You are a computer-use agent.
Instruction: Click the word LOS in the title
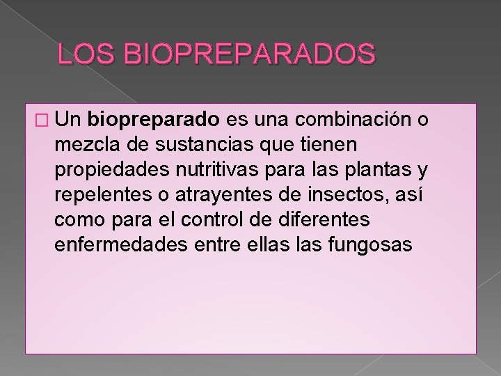coord(86,53)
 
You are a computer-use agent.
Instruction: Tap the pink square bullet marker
coord(42,121)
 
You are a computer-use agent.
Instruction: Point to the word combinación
coord(353,119)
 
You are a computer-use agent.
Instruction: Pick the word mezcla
coord(87,144)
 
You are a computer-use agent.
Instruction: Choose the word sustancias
coord(204,144)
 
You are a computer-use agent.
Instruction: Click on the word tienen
coord(328,144)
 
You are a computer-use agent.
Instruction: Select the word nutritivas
coord(217,169)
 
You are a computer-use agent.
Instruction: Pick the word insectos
coord(349,194)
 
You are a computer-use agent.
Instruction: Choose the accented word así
coord(409,194)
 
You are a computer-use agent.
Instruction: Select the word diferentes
coord(324,219)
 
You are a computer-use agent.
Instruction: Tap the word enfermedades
coord(121,244)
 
